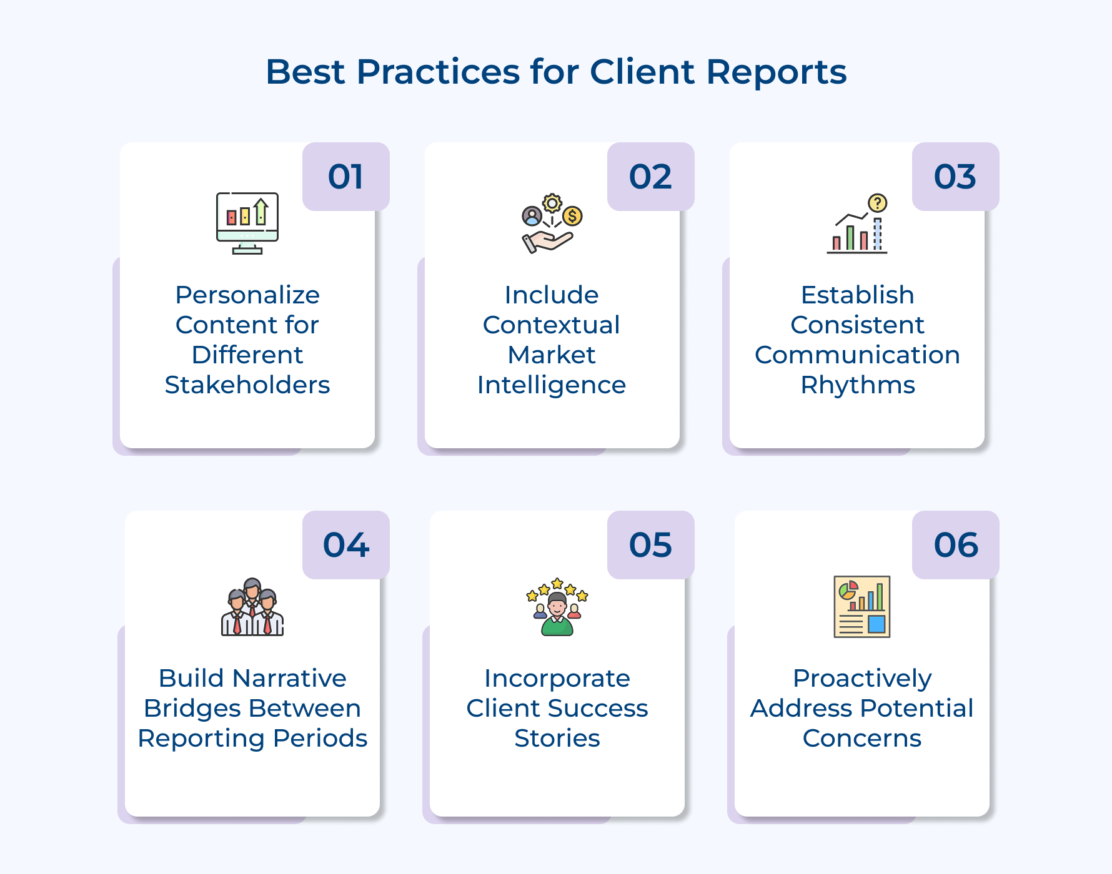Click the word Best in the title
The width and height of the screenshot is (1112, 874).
pos(305,72)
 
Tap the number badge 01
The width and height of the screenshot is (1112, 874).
pos(345,177)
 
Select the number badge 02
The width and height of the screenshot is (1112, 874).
pos(650,177)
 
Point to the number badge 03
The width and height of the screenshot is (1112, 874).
pos(955,177)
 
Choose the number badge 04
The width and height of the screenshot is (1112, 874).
pos(345,545)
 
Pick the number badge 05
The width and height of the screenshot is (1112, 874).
pos(650,545)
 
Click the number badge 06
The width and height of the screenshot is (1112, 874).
pos(955,545)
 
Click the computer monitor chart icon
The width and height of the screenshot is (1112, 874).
pos(247,223)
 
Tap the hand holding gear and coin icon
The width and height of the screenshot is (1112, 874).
pos(552,223)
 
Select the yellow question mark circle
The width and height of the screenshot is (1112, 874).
pos(878,203)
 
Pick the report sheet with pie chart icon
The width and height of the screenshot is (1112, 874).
pos(862,607)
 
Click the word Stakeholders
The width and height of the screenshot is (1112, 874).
pos(247,385)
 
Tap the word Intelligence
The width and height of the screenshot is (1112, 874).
pos(552,385)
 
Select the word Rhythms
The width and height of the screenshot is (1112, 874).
pos(858,385)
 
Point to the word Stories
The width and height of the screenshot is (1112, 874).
pos(557,739)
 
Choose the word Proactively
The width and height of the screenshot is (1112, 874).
pos(862,679)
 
